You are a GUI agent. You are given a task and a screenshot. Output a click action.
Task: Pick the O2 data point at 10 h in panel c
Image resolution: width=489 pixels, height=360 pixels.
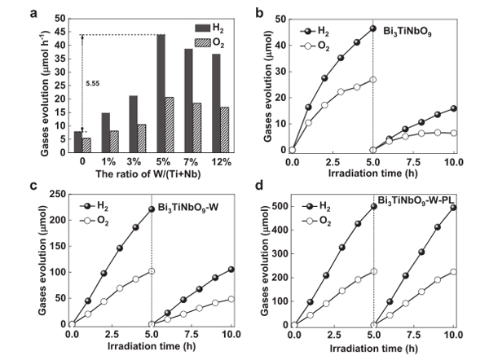(231, 299)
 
